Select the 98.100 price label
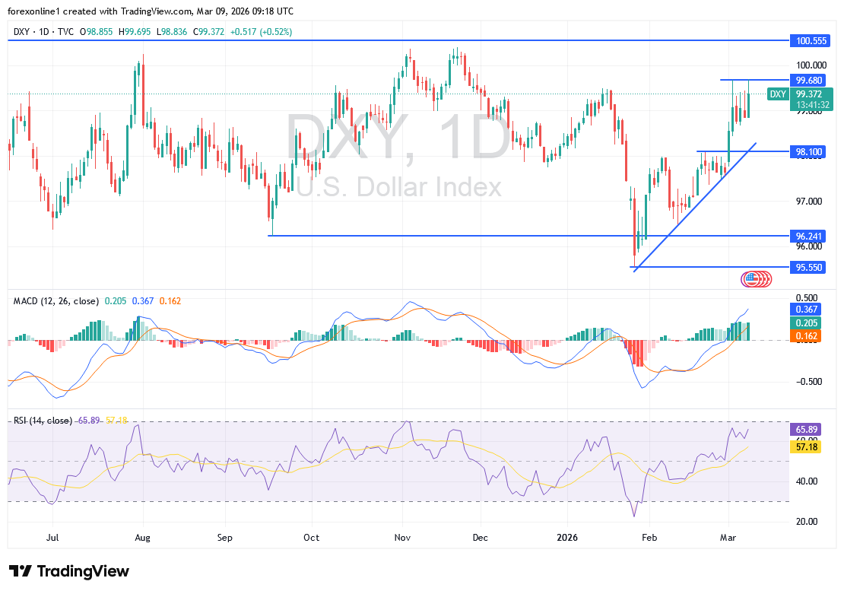coord(806,152)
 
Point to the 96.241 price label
coord(806,236)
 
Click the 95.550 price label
coord(806,268)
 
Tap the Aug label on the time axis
coord(142,536)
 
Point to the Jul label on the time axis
coord(53,536)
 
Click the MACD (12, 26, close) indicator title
coord(56,301)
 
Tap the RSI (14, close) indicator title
coord(43,421)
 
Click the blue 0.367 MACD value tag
coord(806,309)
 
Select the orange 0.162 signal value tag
coord(806,335)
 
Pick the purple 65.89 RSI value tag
coord(806,429)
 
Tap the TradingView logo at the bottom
coord(69,571)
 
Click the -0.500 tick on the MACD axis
coord(806,382)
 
